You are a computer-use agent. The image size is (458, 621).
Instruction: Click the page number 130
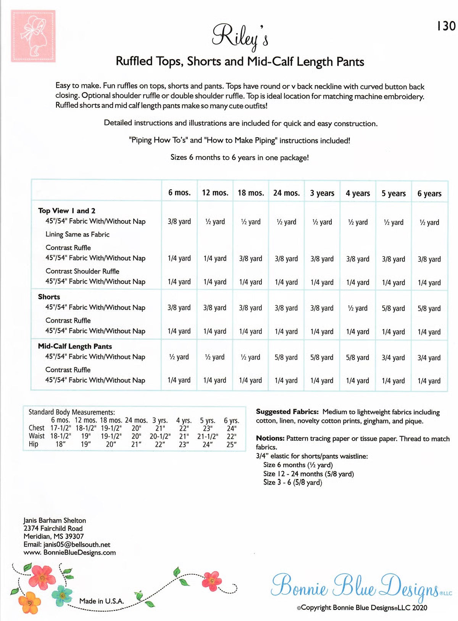[x=446, y=26]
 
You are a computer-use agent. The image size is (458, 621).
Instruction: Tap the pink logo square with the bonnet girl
[x=33, y=36]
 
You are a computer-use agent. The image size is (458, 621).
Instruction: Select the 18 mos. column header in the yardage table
[x=251, y=193]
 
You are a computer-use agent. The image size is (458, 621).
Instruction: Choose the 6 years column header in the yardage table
[x=429, y=194]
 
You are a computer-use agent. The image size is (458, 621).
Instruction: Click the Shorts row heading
[x=49, y=297]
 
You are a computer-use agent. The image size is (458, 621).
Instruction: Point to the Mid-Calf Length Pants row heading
[x=75, y=346]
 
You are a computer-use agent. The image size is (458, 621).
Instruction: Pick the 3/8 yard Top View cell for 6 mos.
[x=179, y=222]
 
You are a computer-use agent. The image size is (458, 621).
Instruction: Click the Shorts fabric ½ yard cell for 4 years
[x=358, y=308]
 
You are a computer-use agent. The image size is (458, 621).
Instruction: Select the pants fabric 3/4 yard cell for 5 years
[x=393, y=358]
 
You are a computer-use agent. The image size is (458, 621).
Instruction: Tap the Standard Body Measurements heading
[x=71, y=412]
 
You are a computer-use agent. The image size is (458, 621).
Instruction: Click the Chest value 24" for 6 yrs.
[x=232, y=428]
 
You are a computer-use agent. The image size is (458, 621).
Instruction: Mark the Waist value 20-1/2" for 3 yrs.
[x=160, y=436]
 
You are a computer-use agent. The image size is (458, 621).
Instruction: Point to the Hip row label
[x=34, y=444]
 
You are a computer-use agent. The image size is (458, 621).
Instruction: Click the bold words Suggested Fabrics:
[x=287, y=412]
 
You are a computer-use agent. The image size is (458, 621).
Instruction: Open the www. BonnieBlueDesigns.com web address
[x=69, y=553]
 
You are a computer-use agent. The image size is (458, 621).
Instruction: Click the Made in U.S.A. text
[x=102, y=601]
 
